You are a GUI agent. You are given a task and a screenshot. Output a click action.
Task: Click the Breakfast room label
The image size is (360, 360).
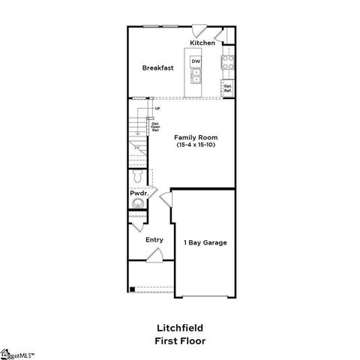pyautogui.click(x=158, y=67)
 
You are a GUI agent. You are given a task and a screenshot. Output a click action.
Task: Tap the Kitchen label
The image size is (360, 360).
pyautogui.click(x=202, y=43)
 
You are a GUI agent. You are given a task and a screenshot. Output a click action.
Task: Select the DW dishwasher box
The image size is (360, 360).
pyautogui.click(x=196, y=61)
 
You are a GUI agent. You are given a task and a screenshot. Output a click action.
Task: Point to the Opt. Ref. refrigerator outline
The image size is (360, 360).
pyautogui.click(x=227, y=88)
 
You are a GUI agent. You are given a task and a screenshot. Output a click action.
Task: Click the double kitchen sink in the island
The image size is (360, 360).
pyautogui.click(x=196, y=76)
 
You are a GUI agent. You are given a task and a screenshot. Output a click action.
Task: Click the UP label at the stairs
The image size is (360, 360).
pyautogui.click(x=157, y=109)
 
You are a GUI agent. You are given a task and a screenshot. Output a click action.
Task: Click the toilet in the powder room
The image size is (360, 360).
pyautogui.click(x=136, y=177)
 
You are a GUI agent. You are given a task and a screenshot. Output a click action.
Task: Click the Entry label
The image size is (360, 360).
pyautogui.click(x=154, y=240)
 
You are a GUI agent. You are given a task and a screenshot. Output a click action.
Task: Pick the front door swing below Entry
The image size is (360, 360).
pyautogui.click(x=154, y=256)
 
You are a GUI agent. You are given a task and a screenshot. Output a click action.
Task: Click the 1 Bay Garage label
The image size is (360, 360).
pyautogui.click(x=205, y=242)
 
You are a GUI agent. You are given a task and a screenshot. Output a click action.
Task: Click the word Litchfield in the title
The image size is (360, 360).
pyautogui.click(x=180, y=327)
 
